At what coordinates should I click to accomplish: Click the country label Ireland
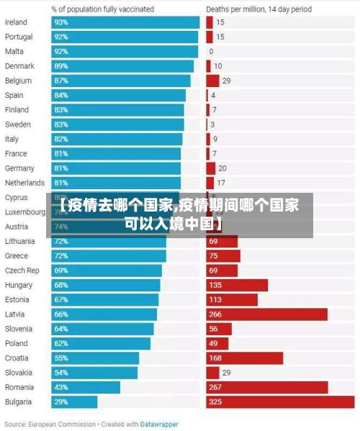(16, 22)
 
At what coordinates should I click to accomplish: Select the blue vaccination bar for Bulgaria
(74, 402)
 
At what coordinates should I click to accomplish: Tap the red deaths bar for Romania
(266, 387)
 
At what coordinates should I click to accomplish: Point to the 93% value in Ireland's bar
(60, 22)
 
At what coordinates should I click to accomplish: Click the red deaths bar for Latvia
(266, 314)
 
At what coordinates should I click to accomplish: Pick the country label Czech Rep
(22, 271)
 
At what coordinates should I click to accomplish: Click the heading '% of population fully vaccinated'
(102, 9)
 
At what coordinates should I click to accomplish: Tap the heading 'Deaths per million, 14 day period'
(258, 9)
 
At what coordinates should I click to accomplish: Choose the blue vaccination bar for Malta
(125, 52)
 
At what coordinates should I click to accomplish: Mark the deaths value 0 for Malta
(211, 52)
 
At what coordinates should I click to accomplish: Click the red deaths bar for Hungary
(237, 285)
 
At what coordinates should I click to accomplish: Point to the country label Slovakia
(18, 373)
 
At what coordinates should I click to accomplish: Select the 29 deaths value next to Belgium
(226, 81)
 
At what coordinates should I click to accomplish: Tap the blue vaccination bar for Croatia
(95, 358)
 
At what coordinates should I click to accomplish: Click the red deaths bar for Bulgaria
(280, 402)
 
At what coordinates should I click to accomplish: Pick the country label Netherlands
(24, 183)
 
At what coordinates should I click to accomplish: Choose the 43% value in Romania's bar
(60, 387)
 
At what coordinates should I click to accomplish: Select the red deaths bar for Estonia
(231, 300)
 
